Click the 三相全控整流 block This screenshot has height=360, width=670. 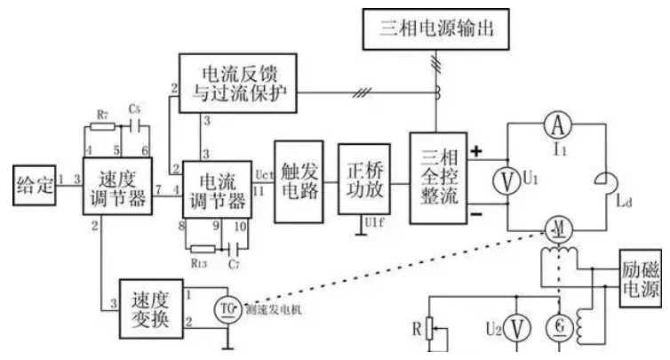pos(435,178)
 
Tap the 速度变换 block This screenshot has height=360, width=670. pos(146,308)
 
